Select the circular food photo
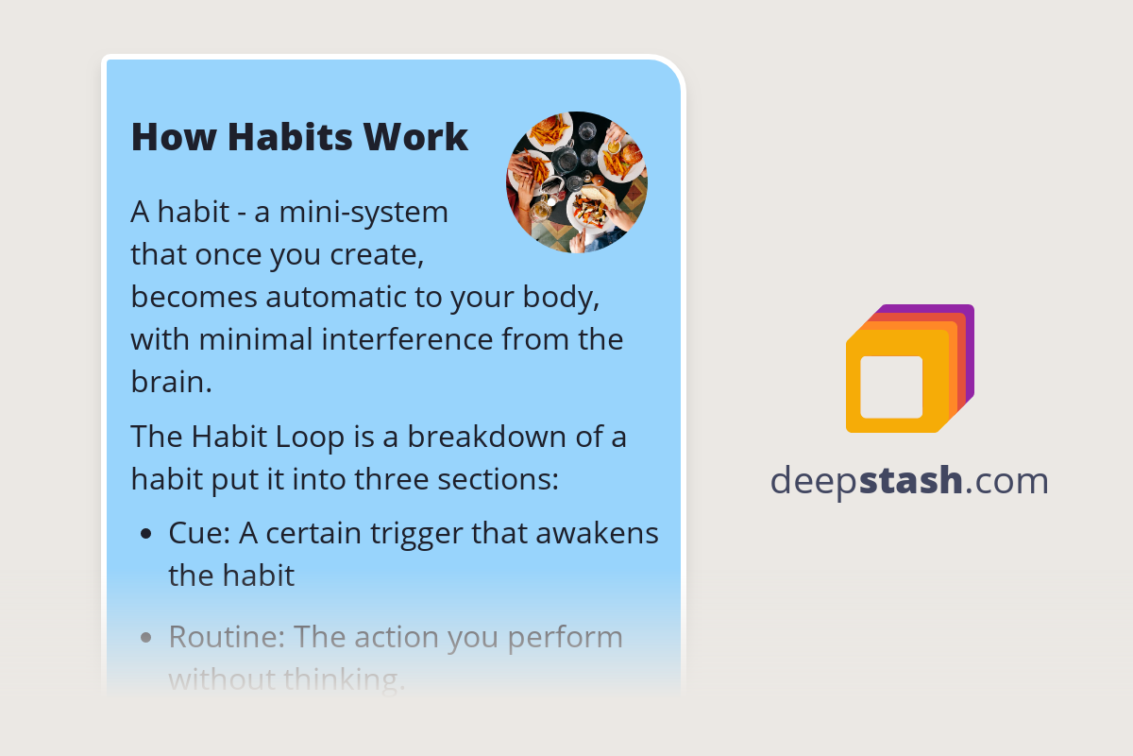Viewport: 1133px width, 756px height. coord(577,181)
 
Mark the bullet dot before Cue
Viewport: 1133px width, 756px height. coord(145,534)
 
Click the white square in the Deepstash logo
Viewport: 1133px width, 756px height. coord(891,387)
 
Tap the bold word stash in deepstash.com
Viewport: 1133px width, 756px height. coord(915,480)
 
